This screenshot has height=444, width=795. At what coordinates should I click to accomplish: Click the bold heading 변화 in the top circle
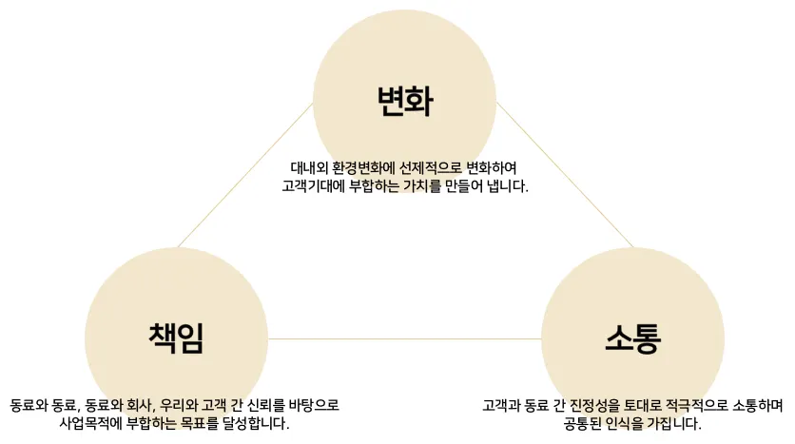click(x=404, y=100)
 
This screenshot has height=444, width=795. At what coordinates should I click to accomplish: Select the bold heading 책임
click(x=176, y=338)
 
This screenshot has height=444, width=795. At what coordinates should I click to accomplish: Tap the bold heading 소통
click(x=632, y=338)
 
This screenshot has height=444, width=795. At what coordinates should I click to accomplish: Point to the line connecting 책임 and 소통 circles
click(x=404, y=338)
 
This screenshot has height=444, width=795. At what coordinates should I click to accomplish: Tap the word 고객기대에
click(x=316, y=186)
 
